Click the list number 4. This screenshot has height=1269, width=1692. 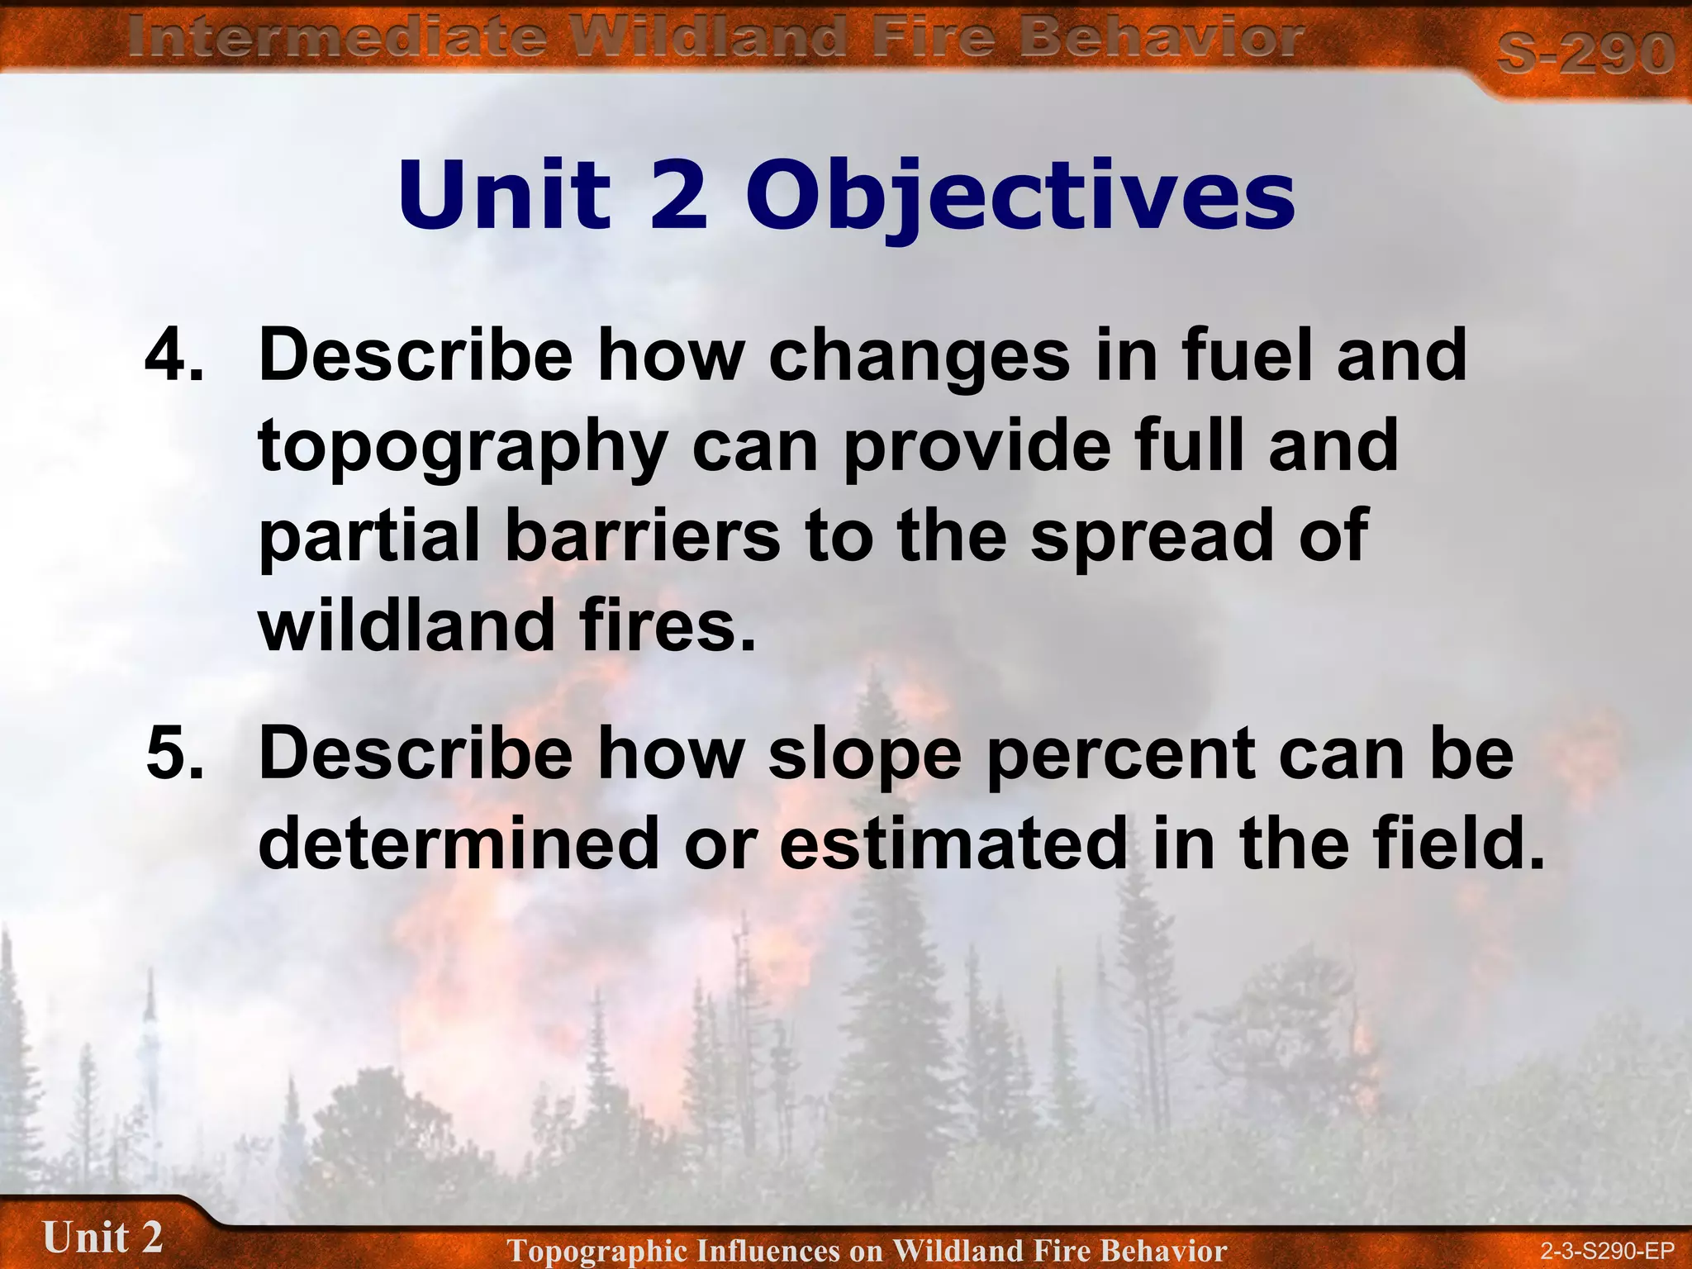(x=173, y=355)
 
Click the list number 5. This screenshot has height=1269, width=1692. (x=173, y=753)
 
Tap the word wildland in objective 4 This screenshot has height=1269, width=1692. (x=406, y=625)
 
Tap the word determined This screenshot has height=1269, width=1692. (x=459, y=844)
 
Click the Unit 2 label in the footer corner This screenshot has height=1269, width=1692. (x=102, y=1238)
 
